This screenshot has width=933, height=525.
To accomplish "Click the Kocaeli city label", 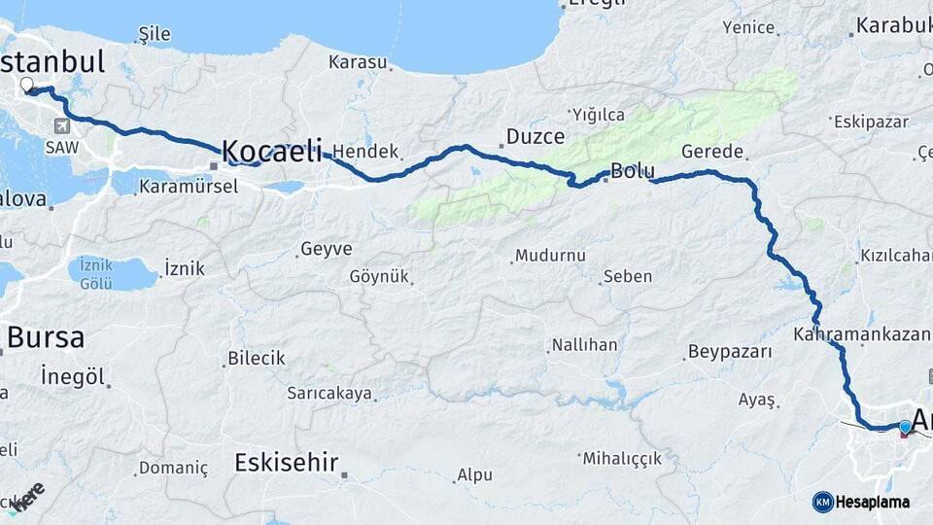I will (x=271, y=152).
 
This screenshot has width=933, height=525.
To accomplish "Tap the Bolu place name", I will (x=632, y=172).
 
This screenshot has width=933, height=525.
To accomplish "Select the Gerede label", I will (x=712, y=152).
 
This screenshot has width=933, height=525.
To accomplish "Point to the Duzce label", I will (x=535, y=136).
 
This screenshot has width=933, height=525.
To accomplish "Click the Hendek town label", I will (x=365, y=152).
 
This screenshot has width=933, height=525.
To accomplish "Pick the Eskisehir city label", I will (x=286, y=462).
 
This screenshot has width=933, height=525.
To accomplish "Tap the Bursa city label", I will (x=45, y=338).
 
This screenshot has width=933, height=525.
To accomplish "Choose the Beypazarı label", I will (x=729, y=351).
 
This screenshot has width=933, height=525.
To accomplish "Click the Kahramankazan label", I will (x=861, y=334).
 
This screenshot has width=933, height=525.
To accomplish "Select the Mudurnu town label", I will (x=550, y=256).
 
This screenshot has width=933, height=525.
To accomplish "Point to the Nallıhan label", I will (x=584, y=345).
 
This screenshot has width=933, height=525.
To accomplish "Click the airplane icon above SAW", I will (x=63, y=125).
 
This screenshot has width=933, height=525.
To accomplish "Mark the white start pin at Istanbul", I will (x=26, y=86).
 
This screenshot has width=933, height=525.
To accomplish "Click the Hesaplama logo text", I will (x=873, y=502).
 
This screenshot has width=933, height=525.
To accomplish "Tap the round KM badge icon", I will (x=822, y=502).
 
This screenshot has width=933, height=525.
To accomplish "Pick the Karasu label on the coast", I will (x=358, y=62).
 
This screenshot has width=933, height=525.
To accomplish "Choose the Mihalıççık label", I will (x=622, y=458).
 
